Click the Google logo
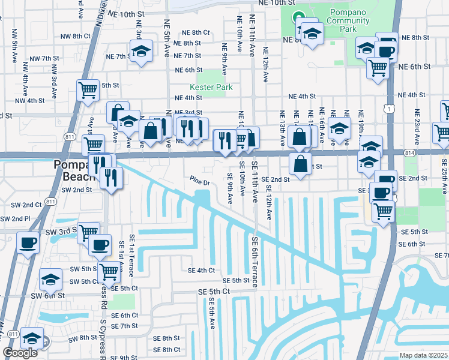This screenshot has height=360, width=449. [20, 353]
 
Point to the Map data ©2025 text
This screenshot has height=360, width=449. [423, 355]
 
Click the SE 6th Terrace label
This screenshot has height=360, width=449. [255, 261]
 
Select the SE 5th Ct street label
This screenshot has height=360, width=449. [214, 291]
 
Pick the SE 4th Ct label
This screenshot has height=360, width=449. [201, 271]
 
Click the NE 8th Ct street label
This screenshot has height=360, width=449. [196, 32]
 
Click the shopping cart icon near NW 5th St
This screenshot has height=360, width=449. [88, 90]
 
